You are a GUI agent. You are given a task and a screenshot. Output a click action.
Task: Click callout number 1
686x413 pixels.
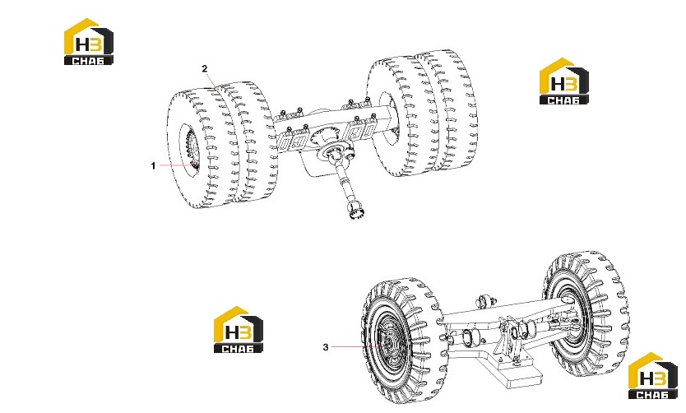pyautogui.click(x=153, y=166)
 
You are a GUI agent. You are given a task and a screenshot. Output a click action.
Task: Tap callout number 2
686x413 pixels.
pyautogui.click(x=204, y=68)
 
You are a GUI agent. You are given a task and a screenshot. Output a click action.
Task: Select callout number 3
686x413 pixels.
pyautogui.click(x=326, y=347)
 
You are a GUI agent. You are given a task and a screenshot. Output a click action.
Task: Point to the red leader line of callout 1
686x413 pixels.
pyautogui.click(x=176, y=165)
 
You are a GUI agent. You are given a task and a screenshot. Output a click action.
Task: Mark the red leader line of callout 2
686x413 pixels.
pyautogui.click(x=213, y=82)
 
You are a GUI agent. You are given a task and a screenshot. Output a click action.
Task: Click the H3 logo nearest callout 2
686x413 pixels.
pyautogui.click(x=89, y=42)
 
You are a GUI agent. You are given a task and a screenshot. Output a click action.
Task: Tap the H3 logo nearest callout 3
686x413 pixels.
pyautogui.click(x=239, y=329)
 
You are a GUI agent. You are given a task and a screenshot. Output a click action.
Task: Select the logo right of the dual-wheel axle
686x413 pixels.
pyautogui.click(x=564, y=81)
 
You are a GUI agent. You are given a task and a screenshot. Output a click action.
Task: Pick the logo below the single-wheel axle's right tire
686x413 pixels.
pyautogui.click(x=653, y=376)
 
